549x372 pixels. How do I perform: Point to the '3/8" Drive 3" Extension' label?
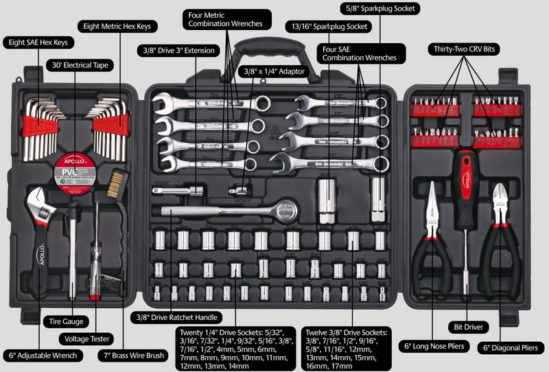(179, 51)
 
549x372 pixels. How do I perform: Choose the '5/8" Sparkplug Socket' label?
(380, 9)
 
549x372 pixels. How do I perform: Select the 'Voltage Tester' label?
(86, 338)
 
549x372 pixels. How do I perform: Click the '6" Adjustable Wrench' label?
(43, 356)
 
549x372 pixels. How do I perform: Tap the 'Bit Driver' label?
(465, 326)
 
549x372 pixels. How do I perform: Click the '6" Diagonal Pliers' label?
(508, 348)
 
